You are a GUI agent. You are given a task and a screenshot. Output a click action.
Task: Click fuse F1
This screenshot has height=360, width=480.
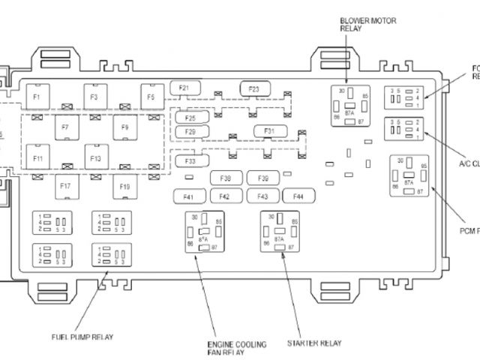click(37, 97)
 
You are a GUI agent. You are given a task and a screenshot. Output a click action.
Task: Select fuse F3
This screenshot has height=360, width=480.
click(94, 97)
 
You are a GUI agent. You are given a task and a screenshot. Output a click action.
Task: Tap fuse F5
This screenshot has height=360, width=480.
click(151, 97)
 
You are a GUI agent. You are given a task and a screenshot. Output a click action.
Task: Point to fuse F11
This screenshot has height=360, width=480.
click(37, 158)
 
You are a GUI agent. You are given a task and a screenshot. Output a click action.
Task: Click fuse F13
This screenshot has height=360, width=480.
click(94, 158)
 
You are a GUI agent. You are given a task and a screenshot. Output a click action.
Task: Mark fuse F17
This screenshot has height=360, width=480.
click(65, 186)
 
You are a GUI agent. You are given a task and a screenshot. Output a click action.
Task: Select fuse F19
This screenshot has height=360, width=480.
click(124, 186)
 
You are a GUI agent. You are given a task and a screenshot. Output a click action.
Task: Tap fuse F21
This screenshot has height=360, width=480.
click(184, 88)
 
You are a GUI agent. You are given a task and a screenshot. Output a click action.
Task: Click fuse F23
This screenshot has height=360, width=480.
click(254, 88)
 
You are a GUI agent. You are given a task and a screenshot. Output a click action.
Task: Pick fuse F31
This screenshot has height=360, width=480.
click(270, 131)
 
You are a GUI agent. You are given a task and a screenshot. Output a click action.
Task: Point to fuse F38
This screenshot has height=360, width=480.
click(226, 178)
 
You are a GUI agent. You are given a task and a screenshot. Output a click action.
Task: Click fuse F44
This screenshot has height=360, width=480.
click(298, 196)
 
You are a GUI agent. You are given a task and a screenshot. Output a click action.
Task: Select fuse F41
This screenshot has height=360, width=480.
click(188, 196)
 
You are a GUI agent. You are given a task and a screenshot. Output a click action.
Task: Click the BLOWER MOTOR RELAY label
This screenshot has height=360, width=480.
click(368, 25)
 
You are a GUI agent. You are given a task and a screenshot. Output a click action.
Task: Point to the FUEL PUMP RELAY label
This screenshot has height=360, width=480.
click(83, 337)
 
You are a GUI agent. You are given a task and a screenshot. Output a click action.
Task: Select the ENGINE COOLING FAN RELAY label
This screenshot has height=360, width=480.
click(237, 348)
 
